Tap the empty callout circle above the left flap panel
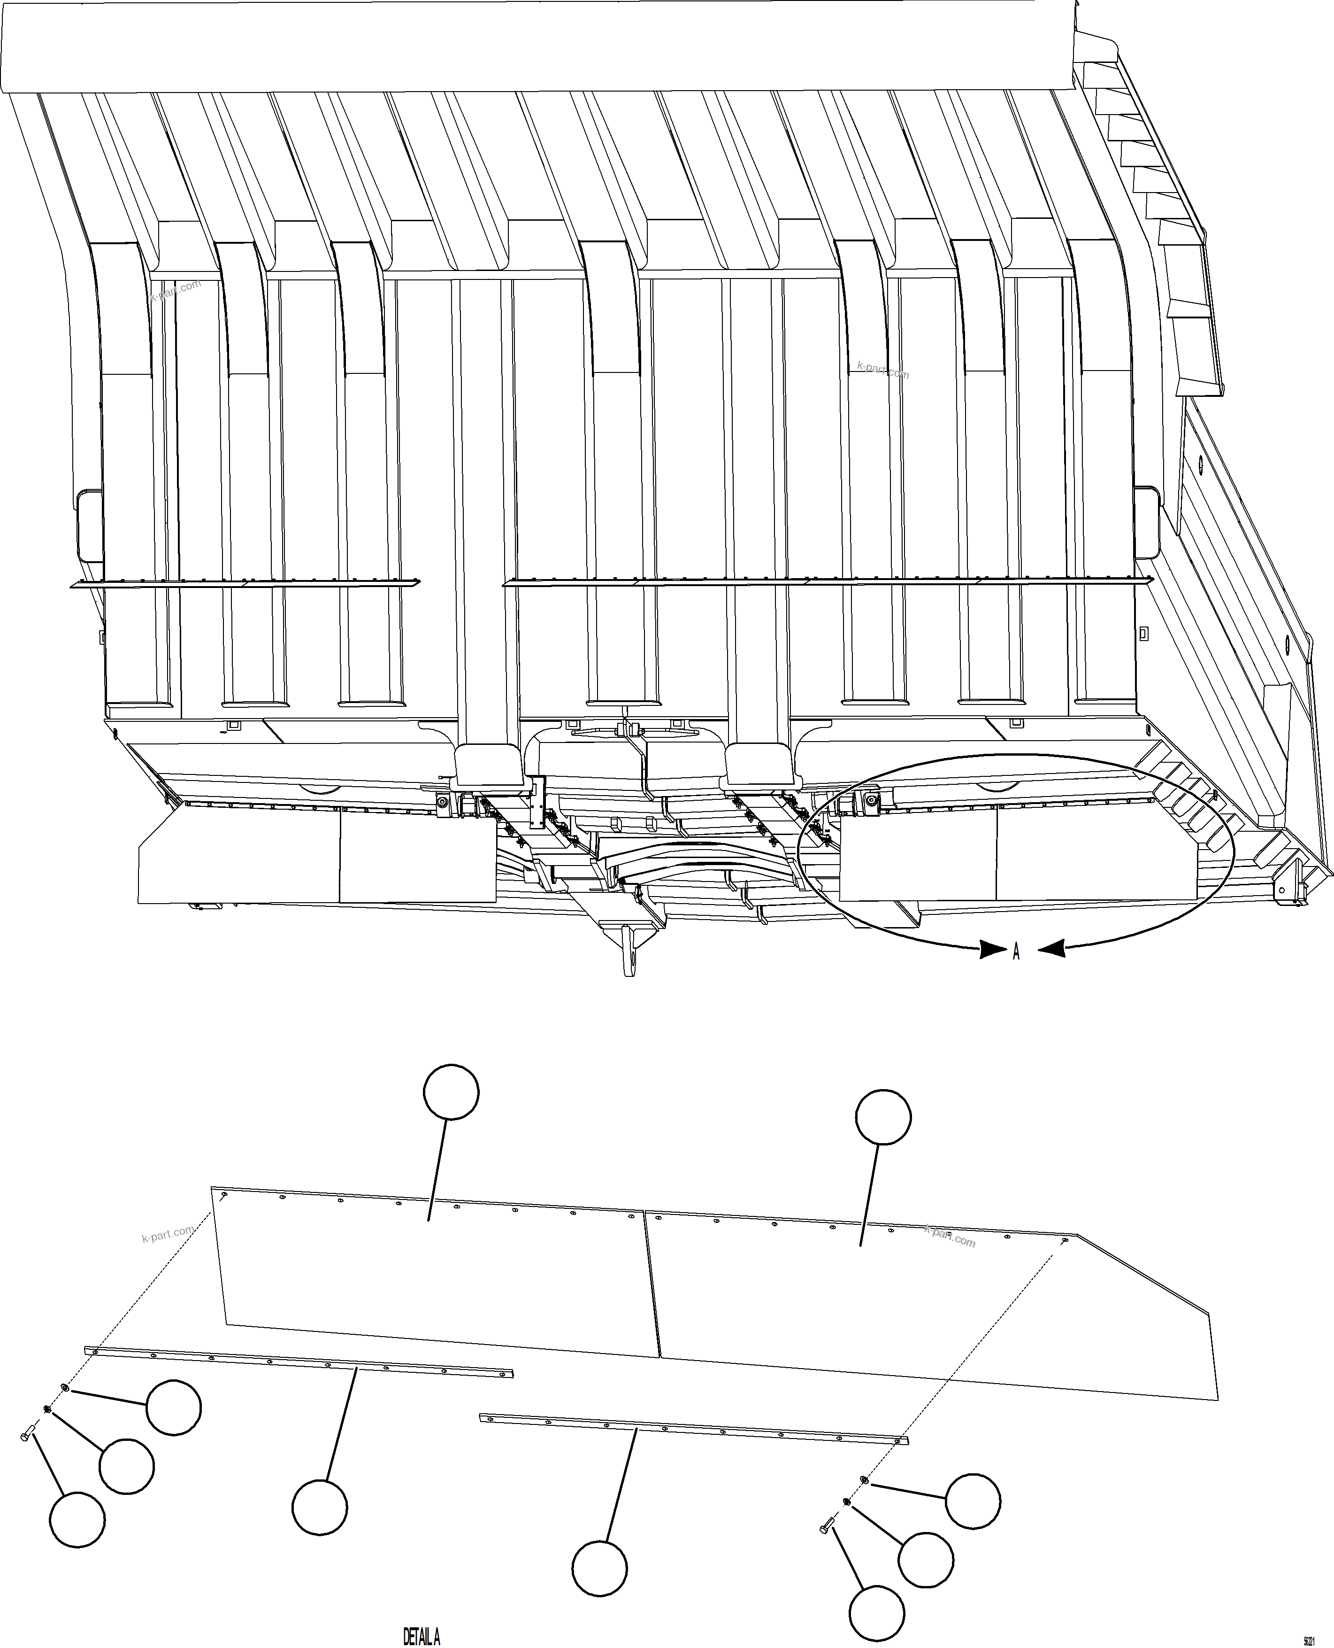pyautogui.click(x=451, y=1091)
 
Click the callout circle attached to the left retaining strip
pyautogui.click(x=320, y=1507)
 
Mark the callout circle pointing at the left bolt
pyautogui.click(x=77, y=1520)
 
